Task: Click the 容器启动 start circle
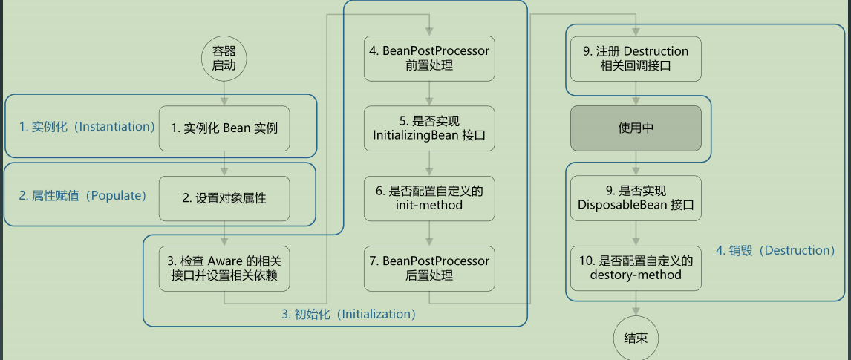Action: click(224, 59)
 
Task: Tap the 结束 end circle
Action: click(636, 338)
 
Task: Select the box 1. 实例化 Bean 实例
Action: click(224, 128)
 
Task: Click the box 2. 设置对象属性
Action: click(224, 198)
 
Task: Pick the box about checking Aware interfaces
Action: click(224, 269)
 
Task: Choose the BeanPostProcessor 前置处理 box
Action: click(429, 59)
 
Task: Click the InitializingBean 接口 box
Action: click(429, 128)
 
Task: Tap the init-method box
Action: click(429, 198)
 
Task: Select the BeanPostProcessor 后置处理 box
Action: click(429, 269)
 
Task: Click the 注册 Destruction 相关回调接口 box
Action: click(636, 59)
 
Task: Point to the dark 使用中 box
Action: click(636, 128)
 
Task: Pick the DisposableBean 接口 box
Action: click(636, 198)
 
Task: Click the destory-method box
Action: click(636, 269)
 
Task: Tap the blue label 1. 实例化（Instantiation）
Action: click(88, 127)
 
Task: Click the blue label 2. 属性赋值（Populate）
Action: click(83, 196)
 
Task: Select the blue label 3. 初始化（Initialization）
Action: click(349, 315)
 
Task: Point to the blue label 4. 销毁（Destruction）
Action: click(775, 250)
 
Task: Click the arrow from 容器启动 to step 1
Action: click(224, 94)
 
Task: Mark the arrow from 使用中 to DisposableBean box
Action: click(636, 163)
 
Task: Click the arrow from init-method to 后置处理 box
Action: click(429, 233)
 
